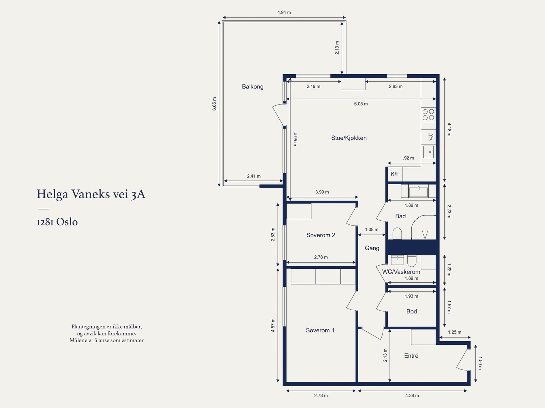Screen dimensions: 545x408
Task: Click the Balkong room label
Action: pyautogui.click(x=252, y=87)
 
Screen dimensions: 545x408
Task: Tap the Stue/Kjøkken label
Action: pyautogui.click(x=348, y=138)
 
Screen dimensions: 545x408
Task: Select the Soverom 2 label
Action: pyautogui.click(x=321, y=235)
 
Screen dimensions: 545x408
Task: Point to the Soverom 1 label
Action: pyautogui.click(x=320, y=330)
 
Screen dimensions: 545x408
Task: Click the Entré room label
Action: pyautogui.click(x=411, y=356)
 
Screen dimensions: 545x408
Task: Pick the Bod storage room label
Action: pyautogui.click(x=411, y=312)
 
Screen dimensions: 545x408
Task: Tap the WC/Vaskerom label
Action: pyautogui.click(x=401, y=272)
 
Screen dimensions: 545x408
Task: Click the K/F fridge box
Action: pyautogui.click(x=395, y=174)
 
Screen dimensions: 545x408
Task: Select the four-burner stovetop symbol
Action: pyautogui.click(x=428, y=115)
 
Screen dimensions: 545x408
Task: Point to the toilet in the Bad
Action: pyautogui.click(x=397, y=233)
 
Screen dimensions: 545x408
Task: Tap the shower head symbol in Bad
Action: pyautogui.click(x=425, y=235)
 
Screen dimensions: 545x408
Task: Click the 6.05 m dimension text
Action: pyautogui.click(x=361, y=104)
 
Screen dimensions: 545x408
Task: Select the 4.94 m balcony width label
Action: pyautogui.click(x=284, y=12)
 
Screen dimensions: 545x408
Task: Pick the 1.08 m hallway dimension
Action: pyautogui.click(x=371, y=230)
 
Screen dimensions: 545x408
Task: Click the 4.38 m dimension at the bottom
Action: pyautogui.click(x=412, y=396)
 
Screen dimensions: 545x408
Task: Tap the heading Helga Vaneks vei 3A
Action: pyautogui.click(x=91, y=194)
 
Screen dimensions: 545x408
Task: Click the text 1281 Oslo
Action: pyautogui.click(x=57, y=222)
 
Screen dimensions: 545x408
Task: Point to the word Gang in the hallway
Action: pyautogui.click(x=372, y=248)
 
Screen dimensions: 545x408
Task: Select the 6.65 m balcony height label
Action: pyautogui.click(x=214, y=104)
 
